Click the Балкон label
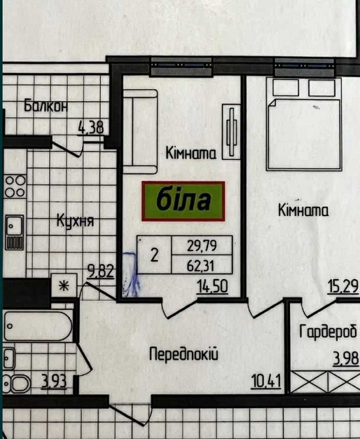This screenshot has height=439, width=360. (x=45, y=105)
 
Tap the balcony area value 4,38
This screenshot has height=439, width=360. (x=90, y=127)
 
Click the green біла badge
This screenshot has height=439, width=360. (x=183, y=200)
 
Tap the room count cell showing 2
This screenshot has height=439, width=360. (x=154, y=255)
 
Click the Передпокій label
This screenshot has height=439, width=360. (x=183, y=354)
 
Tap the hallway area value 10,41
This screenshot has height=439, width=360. (x=266, y=379)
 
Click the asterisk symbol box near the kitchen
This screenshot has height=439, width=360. (x=64, y=285)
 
